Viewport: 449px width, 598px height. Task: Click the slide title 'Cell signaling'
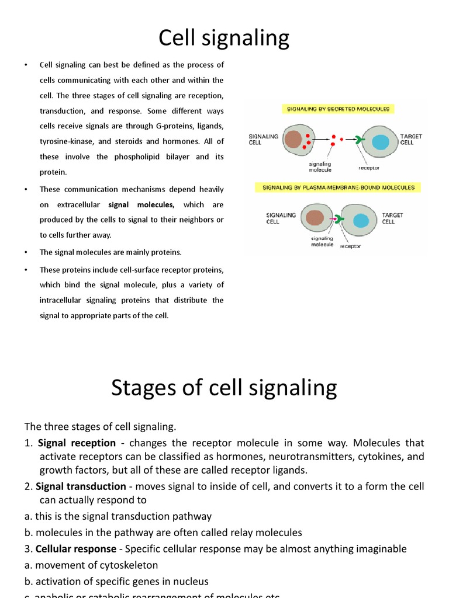pos(224,39)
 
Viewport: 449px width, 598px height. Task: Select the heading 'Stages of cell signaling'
pos(224,388)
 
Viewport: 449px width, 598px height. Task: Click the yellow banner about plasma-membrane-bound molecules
pos(339,187)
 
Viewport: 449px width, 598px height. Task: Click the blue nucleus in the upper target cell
pos(381,142)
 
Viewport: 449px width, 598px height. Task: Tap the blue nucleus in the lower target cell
pos(361,221)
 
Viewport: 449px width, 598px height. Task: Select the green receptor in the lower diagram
pos(340,220)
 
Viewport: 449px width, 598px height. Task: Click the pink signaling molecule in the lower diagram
pos(332,219)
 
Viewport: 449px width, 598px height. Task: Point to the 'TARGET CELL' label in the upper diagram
pos(411,139)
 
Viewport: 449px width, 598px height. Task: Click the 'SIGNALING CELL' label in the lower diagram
pos(281,218)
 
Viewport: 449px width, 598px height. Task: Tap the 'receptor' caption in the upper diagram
pos(369,168)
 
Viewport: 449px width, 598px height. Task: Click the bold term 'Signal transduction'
pos(81,486)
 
